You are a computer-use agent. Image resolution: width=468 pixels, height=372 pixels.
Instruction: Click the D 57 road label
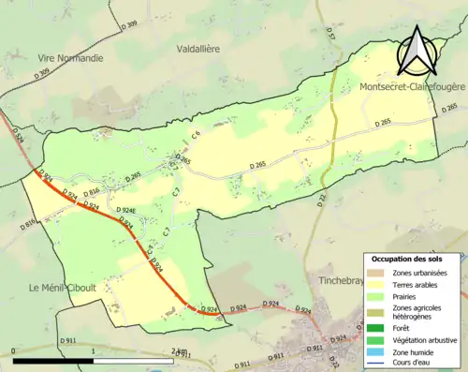pos(330,34)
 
